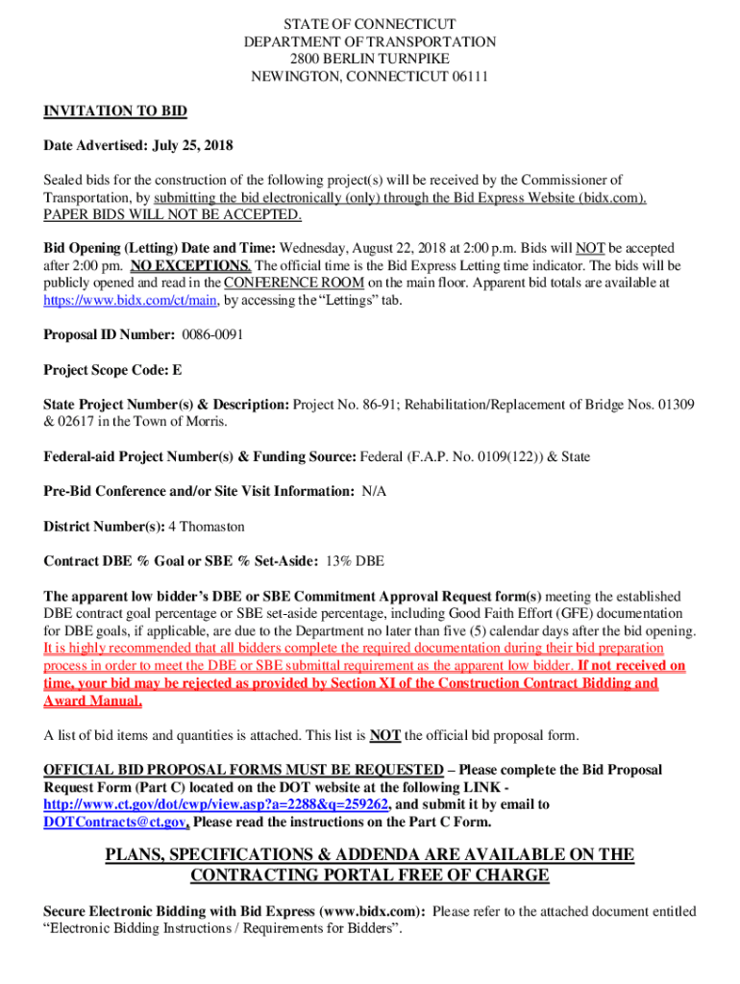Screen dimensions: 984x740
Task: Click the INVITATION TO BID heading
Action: tap(115, 111)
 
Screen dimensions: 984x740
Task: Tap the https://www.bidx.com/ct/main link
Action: tap(132, 300)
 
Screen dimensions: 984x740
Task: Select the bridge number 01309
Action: tap(675, 405)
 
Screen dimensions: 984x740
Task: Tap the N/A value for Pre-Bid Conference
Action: tap(375, 491)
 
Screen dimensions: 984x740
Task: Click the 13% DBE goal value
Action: tap(356, 561)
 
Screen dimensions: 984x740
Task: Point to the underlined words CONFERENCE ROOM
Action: tap(294, 283)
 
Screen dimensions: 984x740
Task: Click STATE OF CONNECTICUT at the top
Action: tap(370, 24)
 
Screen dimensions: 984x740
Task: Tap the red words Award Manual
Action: tap(92, 701)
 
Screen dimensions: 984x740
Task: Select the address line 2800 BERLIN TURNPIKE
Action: tap(370, 60)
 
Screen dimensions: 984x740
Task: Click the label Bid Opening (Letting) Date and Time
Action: tap(160, 248)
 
